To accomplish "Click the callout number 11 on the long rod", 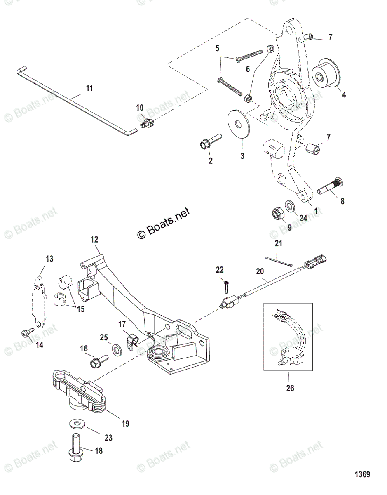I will click(89, 88).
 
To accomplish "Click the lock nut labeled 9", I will click(276, 215).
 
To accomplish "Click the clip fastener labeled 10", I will click(147, 122).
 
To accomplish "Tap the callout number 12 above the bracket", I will click(95, 239).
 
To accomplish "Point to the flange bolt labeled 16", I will click(98, 362).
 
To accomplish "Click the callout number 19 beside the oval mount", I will click(125, 423).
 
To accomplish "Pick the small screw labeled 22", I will click(226, 285).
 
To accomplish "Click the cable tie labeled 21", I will click(279, 262).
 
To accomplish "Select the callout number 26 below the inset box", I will click(290, 388).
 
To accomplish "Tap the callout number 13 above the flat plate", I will click(49, 259).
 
